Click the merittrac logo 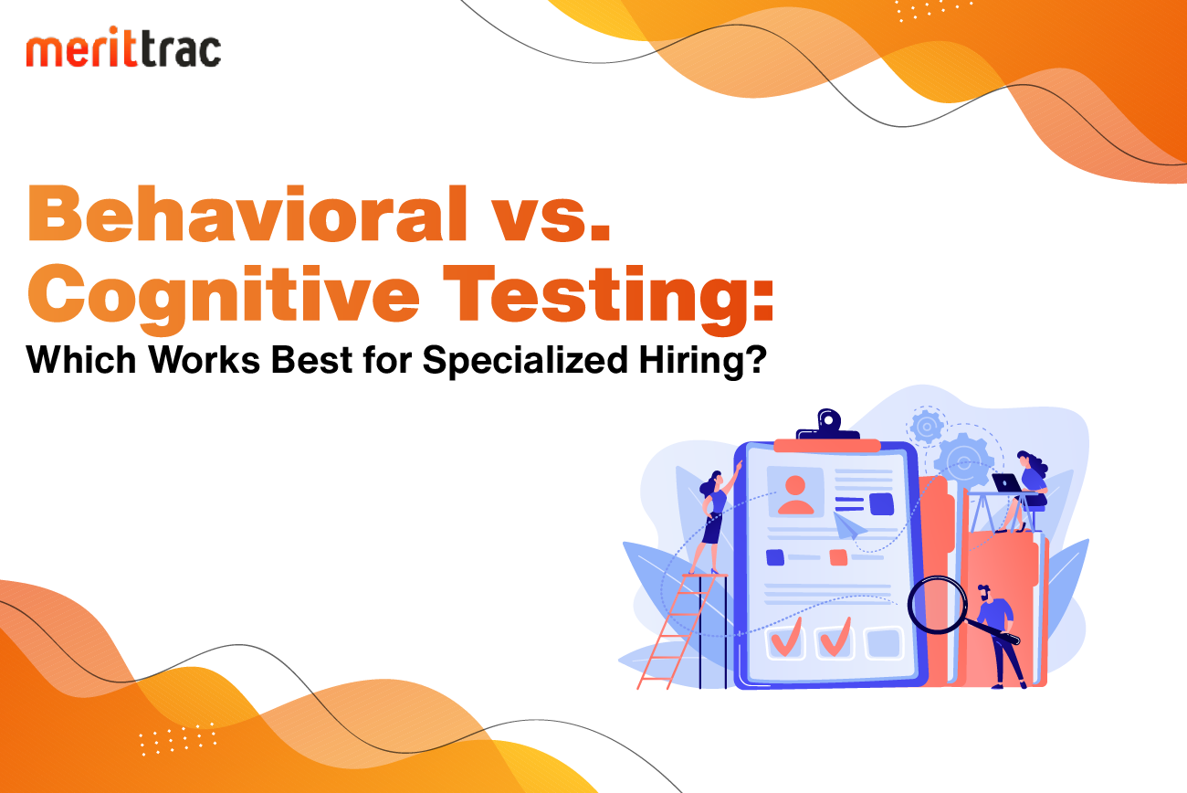123,47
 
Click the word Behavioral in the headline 247,214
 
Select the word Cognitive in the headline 224,296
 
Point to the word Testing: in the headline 608,296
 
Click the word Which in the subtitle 81,360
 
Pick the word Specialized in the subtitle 525,361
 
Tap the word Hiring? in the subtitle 703,361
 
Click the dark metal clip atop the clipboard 827,425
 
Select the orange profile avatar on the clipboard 795,494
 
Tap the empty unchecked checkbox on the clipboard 883,643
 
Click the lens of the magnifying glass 937,605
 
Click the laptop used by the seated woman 1007,483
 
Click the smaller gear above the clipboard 926,426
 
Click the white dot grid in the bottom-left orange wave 177,739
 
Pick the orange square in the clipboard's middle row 838,557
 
